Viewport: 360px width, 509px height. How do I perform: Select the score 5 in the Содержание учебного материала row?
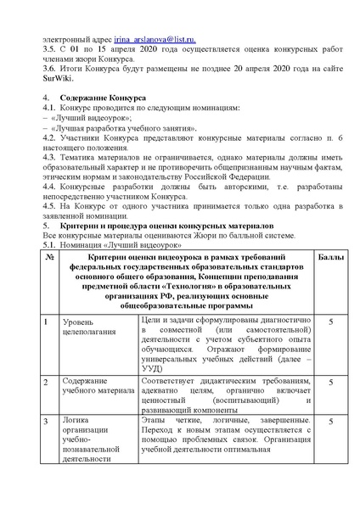(x=329, y=383)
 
